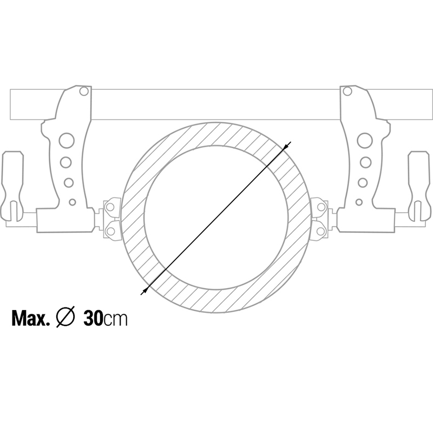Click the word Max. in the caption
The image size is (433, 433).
(x=31, y=318)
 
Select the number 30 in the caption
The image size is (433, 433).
(x=93, y=318)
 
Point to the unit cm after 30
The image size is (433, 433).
(x=116, y=319)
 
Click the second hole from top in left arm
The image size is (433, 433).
(x=66, y=162)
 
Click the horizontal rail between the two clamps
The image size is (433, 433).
(x=216, y=104)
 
